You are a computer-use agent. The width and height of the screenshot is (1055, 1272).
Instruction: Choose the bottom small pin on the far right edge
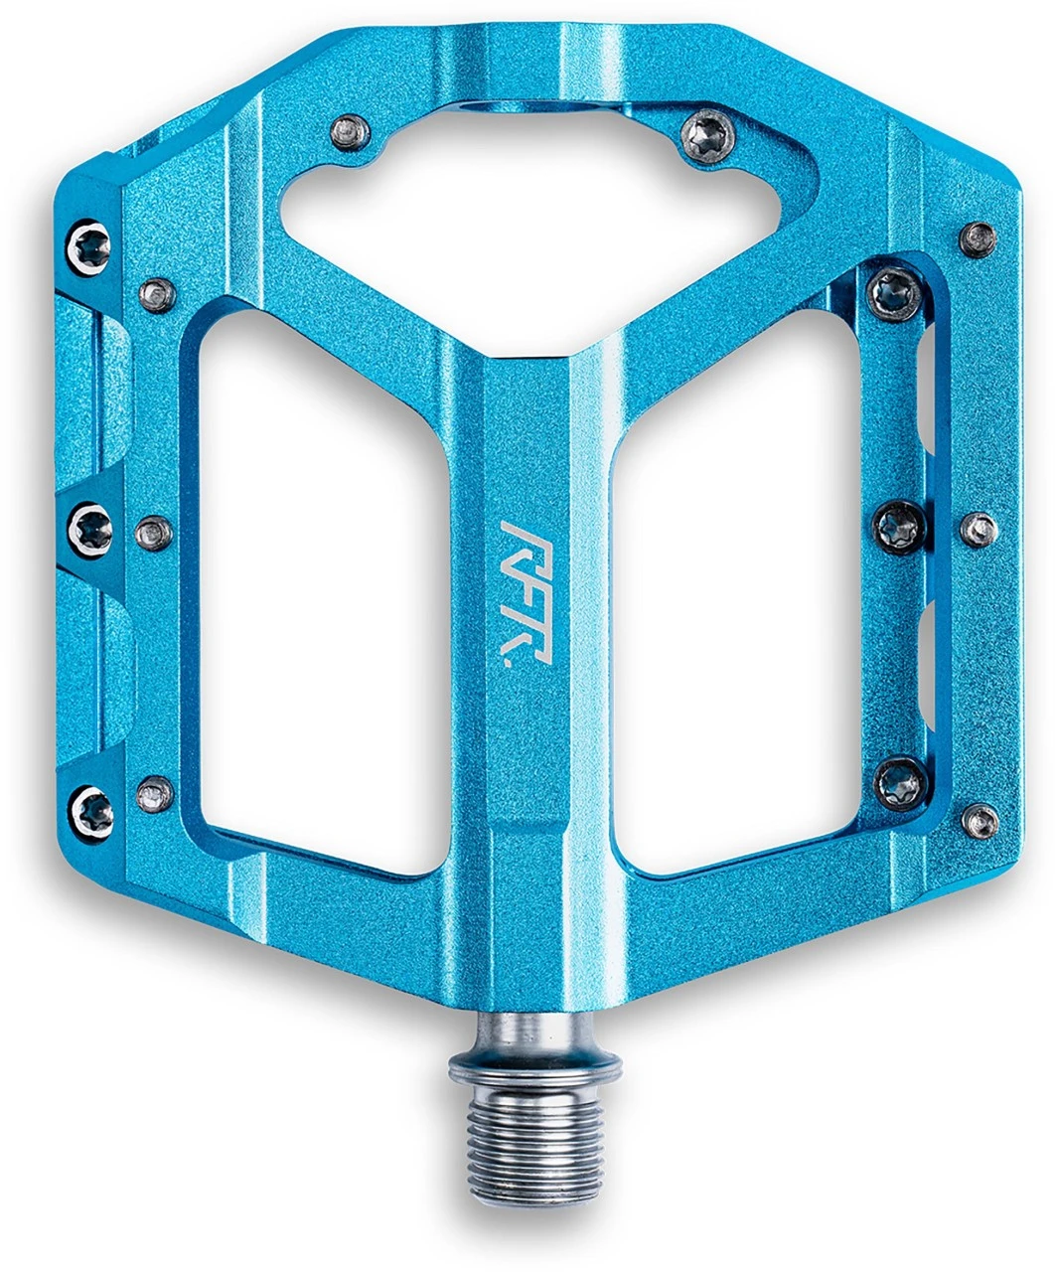(980, 819)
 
